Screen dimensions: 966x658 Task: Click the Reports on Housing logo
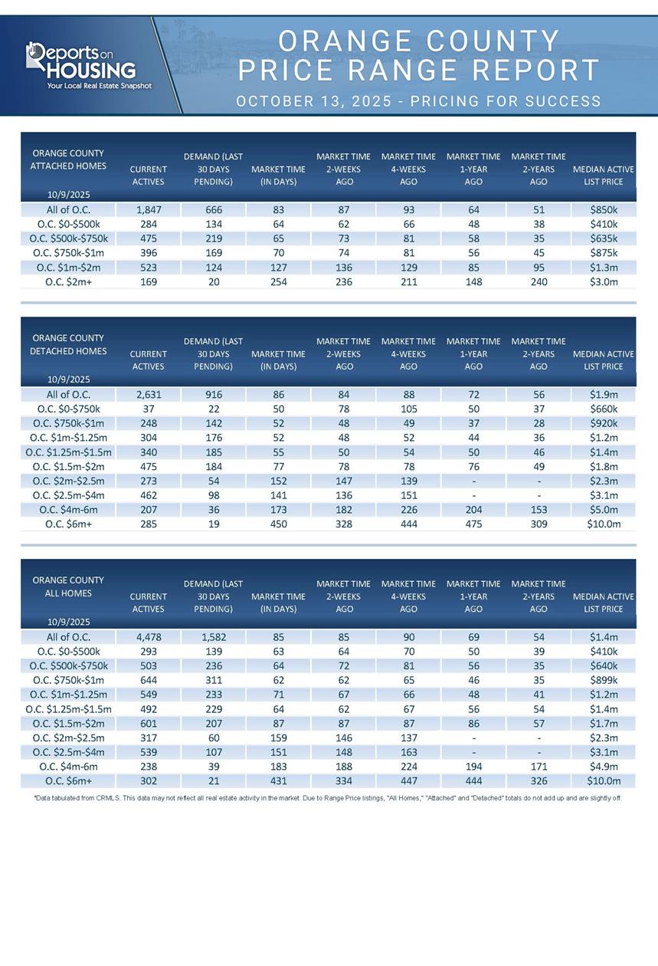point(81,62)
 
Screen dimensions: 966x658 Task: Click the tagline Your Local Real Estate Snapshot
point(99,86)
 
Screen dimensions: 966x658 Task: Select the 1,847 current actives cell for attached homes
point(148,209)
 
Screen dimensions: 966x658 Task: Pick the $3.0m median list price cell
point(604,281)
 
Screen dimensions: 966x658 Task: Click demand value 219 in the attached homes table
point(213,238)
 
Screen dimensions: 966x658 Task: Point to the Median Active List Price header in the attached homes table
point(604,176)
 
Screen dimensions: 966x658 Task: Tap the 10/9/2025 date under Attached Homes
point(69,195)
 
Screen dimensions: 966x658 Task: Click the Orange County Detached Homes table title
point(68,344)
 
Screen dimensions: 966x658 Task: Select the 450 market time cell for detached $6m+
point(278,524)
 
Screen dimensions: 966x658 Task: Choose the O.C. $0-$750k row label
point(68,409)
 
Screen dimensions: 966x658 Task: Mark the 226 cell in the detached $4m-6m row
point(408,510)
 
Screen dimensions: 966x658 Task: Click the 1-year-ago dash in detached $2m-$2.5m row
point(473,481)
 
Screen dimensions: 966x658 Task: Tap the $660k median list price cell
point(604,409)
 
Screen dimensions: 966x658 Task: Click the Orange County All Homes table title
point(68,586)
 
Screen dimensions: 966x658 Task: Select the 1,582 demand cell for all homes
point(213,636)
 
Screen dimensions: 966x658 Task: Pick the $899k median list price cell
point(604,680)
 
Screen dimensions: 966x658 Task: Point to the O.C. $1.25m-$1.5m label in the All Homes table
point(68,709)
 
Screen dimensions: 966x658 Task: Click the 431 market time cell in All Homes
point(278,781)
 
